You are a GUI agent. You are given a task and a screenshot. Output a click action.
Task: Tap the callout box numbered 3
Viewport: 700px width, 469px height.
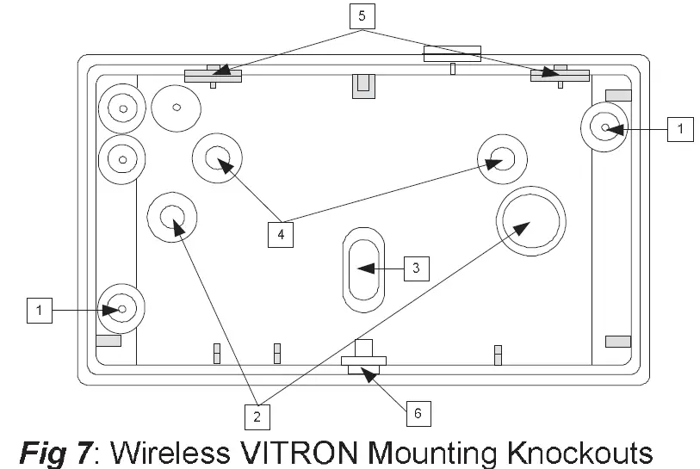(415, 268)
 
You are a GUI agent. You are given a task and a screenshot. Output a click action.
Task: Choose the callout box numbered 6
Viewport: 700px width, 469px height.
(418, 413)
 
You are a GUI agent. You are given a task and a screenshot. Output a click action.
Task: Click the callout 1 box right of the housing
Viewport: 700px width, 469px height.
(679, 129)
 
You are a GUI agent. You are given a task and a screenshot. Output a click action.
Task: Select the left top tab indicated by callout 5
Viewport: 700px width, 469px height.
(214, 76)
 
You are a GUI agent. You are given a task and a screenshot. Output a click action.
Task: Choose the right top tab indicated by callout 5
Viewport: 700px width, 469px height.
(560, 76)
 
